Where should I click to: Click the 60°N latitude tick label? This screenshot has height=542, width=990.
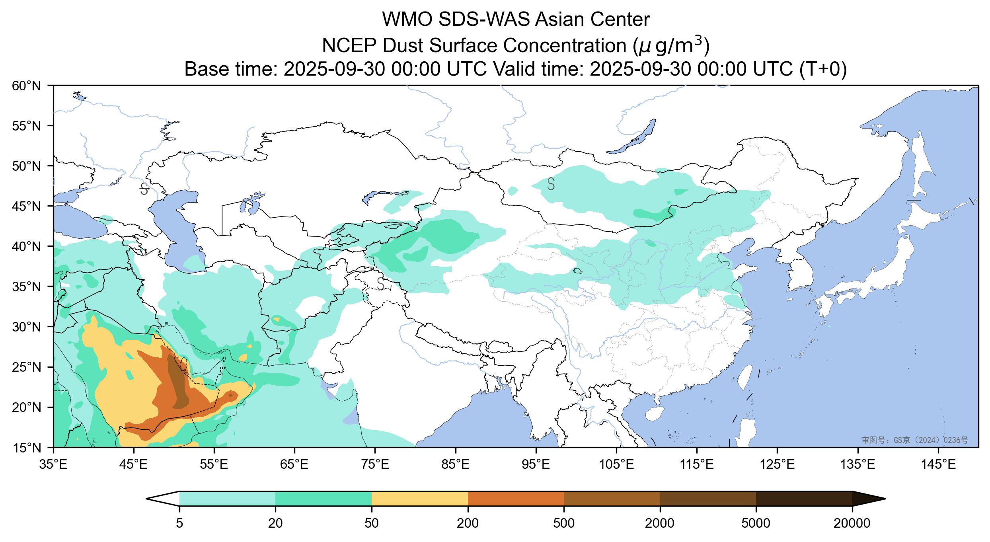coord(27,86)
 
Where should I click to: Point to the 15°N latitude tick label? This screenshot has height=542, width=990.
coord(27,448)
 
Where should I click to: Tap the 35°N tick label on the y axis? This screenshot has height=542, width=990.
coord(27,287)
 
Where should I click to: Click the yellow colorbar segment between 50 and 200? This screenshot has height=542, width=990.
coord(419,499)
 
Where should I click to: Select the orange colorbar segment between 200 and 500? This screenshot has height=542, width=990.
coord(516,499)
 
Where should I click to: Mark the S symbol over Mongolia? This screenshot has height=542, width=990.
coord(551,184)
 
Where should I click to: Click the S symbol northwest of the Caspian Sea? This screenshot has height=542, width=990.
coord(144,189)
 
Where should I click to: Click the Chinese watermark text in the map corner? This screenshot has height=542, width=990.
coord(914,440)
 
